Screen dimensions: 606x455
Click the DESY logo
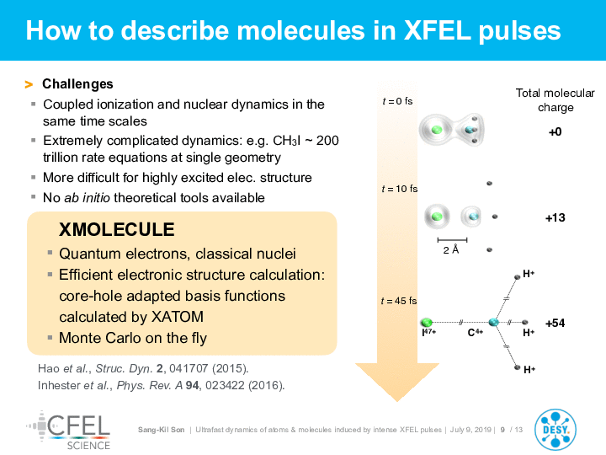(555, 430)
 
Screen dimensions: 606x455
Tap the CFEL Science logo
(69, 431)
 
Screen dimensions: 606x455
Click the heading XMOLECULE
(117, 229)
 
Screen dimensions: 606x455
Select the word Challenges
(77, 84)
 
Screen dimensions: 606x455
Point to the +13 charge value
(555, 218)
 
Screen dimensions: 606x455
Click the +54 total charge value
(555, 323)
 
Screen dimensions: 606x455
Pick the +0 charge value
(555, 132)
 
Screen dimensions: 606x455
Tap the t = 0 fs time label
(397, 101)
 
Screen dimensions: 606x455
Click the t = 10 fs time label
(399, 189)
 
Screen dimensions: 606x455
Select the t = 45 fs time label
(399, 301)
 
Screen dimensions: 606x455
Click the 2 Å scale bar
(452, 240)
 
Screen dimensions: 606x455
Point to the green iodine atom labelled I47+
(426, 322)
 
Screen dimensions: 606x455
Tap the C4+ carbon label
(475, 332)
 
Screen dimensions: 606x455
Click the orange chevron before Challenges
(29, 84)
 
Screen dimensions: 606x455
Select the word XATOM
(178, 317)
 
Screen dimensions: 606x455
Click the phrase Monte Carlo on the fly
(133, 338)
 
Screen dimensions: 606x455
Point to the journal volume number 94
(193, 385)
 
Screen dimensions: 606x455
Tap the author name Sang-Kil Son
(161, 430)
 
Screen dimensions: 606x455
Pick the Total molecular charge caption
(555, 100)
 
